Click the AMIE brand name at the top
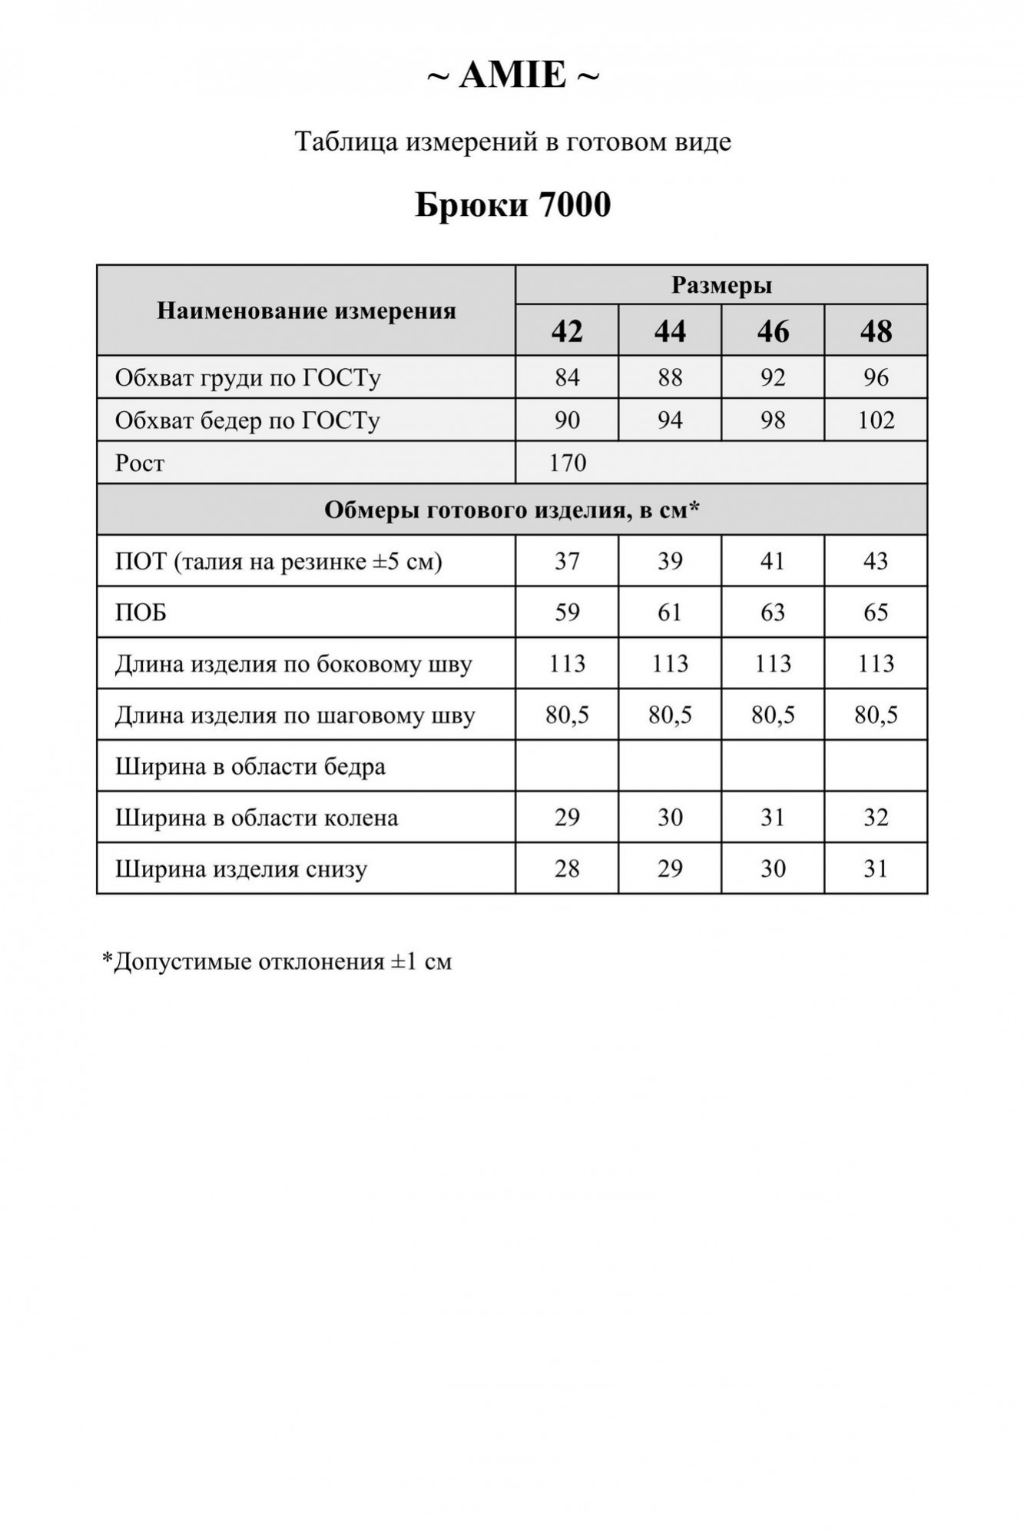coord(512,75)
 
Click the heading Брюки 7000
coord(512,204)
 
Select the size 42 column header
coord(567,331)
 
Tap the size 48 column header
coord(876,331)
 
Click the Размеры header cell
coord(721,285)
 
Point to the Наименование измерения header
coord(306,310)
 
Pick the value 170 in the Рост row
coord(567,463)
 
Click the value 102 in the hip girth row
coord(876,420)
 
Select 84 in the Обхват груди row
coord(567,377)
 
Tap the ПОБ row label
coord(141,612)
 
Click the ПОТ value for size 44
coord(670,561)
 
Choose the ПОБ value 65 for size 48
coord(876,612)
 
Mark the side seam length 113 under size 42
coord(567,663)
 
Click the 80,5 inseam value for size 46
coord(773,715)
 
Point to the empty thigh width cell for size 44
coord(670,766)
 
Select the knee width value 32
coord(876,817)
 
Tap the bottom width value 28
coord(567,868)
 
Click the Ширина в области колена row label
coord(257,818)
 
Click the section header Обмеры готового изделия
coord(512,510)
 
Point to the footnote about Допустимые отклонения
coord(277,961)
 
